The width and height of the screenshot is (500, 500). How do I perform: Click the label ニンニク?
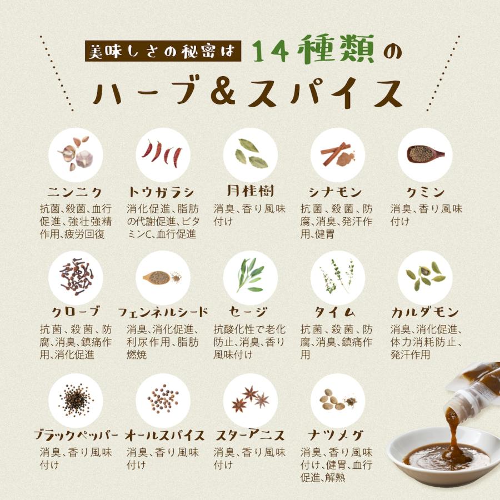pyautogui.click(x=74, y=193)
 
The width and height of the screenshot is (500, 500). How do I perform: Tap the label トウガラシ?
pyautogui.click(x=162, y=193)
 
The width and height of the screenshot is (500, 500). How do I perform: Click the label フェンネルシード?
pyautogui.click(x=163, y=312)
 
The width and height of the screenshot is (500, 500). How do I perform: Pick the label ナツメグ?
pyautogui.click(x=337, y=434)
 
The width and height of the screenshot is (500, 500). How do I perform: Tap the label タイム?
pyautogui.click(x=337, y=312)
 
